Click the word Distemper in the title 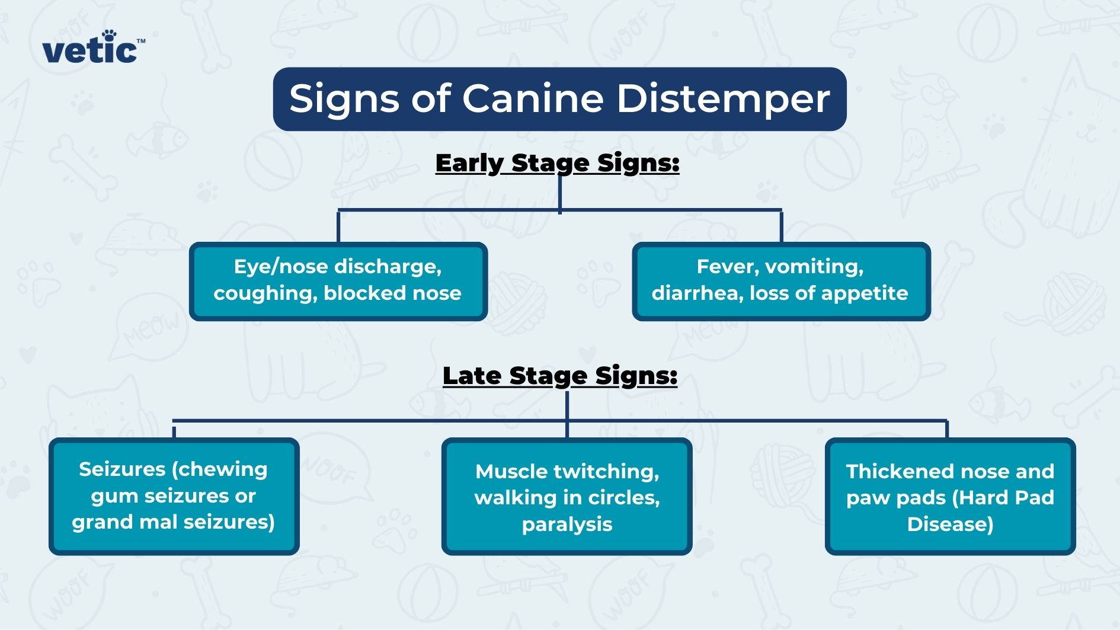coord(723,98)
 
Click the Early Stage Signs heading coord(557,163)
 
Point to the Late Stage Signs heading coord(560,376)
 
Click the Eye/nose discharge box coord(338,281)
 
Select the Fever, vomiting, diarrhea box coord(780,281)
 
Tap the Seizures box coord(174,496)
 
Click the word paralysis coord(567,525)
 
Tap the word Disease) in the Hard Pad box coord(950,525)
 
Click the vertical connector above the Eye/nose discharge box coord(338,226)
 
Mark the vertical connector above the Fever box coord(781,226)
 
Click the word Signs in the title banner coord(344,100)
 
